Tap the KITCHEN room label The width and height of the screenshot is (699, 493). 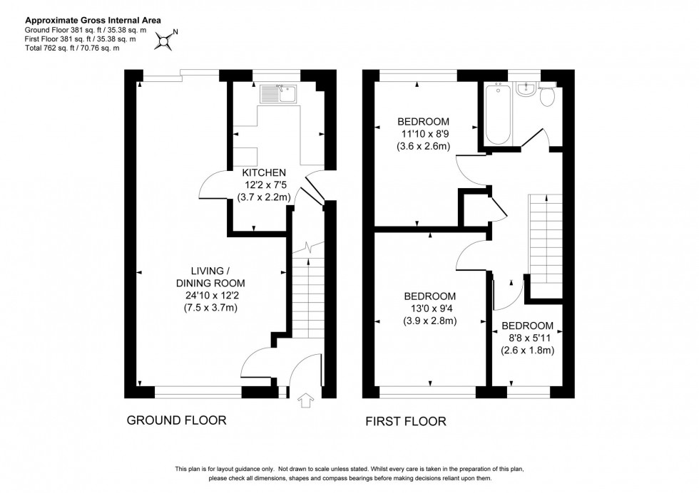(x=264, y=173)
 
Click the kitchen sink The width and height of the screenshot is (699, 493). (x=279, y=94)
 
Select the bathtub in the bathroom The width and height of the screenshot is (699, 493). (x=496, y=115)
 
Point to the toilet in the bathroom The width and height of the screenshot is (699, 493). (x=549, y=95)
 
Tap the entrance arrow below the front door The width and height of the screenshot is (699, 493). (x=307, y=401)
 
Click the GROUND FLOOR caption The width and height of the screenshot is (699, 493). (x=176, y=420)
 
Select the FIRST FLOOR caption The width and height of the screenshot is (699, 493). (x=406, y=421)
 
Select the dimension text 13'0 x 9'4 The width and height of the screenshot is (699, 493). (x=430, y=308)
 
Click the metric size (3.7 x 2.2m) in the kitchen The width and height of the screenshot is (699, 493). (x=264, y=197)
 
